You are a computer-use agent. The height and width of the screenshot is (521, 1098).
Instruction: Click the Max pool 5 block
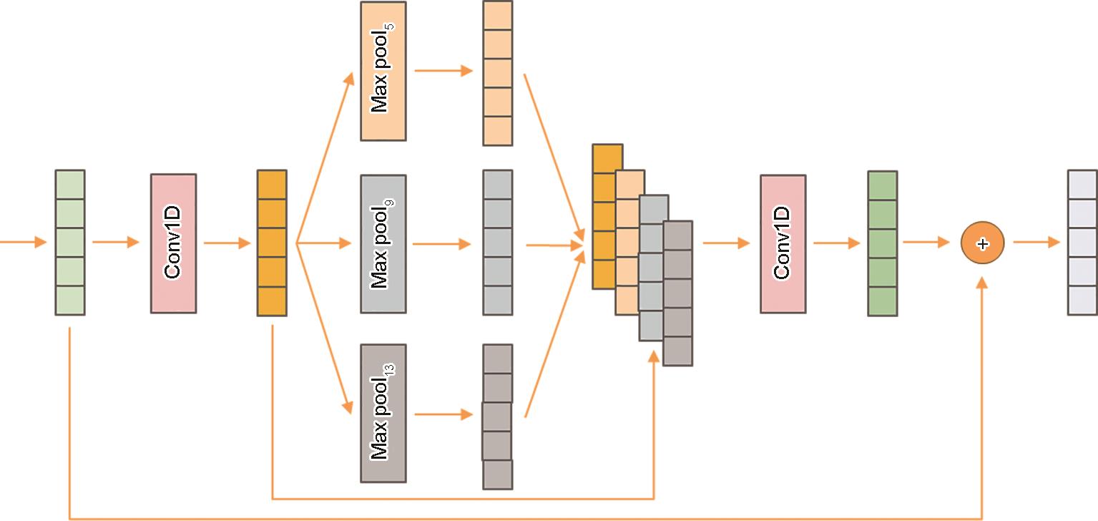383,71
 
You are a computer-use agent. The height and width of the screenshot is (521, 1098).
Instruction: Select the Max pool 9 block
383,244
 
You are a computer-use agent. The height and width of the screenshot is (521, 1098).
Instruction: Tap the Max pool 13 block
383,414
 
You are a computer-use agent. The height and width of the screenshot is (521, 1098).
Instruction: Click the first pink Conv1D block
173,243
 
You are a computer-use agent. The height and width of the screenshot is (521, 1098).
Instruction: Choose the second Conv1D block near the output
783,244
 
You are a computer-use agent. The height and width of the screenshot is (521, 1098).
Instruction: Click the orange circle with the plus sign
982,243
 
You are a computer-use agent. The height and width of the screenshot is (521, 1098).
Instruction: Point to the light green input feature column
70,243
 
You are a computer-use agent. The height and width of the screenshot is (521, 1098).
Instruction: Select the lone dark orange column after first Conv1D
272,243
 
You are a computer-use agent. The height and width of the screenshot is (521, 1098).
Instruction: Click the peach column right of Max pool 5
498,73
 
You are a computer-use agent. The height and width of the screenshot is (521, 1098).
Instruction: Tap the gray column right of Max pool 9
498,243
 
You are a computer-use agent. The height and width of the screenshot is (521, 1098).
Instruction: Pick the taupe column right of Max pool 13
497,417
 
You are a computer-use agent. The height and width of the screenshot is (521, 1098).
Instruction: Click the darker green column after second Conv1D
882,243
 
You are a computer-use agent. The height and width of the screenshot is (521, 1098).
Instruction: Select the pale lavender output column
1082,243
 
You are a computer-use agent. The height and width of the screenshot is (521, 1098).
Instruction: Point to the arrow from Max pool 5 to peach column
443,71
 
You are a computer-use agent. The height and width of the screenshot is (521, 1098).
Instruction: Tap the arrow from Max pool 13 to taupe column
443,414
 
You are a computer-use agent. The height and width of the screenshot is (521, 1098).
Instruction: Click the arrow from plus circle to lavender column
1036,243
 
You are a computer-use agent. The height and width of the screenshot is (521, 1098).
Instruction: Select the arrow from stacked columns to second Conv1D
726,243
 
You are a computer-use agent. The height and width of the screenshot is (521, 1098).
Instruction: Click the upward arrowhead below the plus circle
982,283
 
